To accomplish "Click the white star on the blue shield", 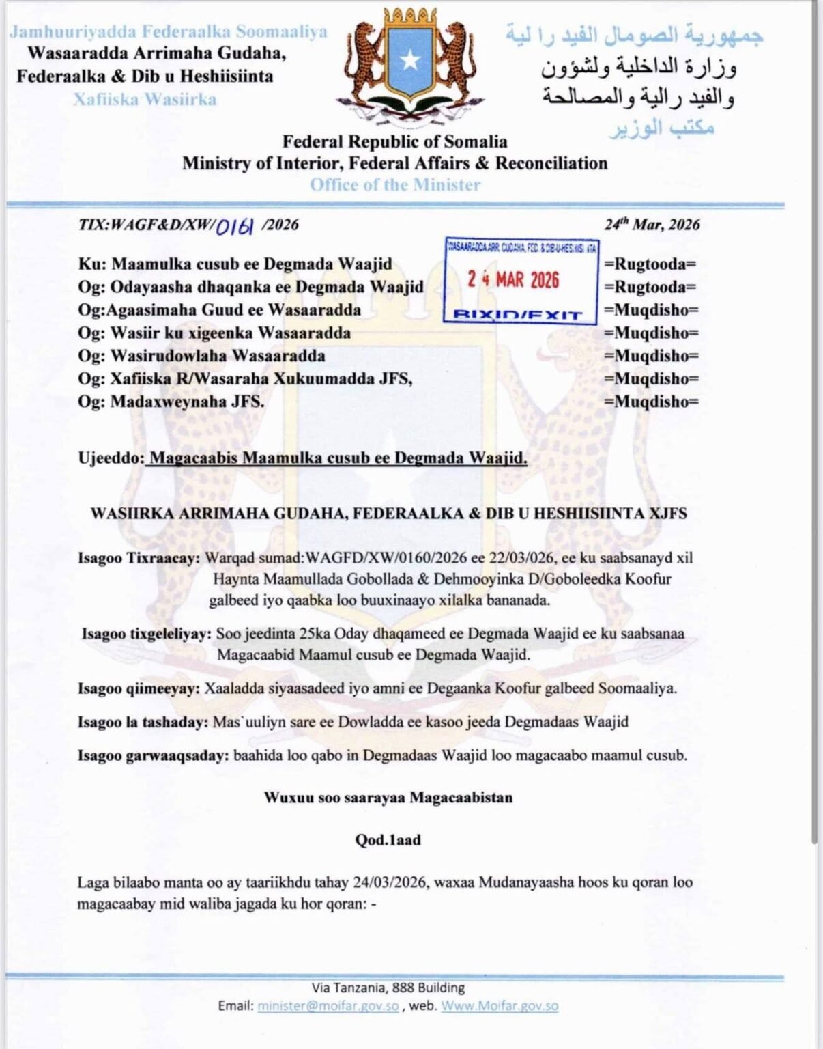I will click(409, 60).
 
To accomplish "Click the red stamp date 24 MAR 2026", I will click(512, 279).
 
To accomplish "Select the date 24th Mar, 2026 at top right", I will click(652, 225).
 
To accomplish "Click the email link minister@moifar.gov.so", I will click(328, 1006).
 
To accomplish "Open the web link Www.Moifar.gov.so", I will click(500, 1006).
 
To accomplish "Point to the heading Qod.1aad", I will click(388, 840).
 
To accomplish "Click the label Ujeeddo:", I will click(110, 458).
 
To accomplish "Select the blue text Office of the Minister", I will click(395, 184).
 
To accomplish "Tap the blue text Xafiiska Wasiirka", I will click(145, 100).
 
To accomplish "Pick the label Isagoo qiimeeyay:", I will click(139, 688).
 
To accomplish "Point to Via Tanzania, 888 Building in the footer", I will click(388, 988).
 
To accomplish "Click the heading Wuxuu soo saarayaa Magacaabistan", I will click(388, 798).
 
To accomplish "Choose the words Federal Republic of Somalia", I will click(395, 142).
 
